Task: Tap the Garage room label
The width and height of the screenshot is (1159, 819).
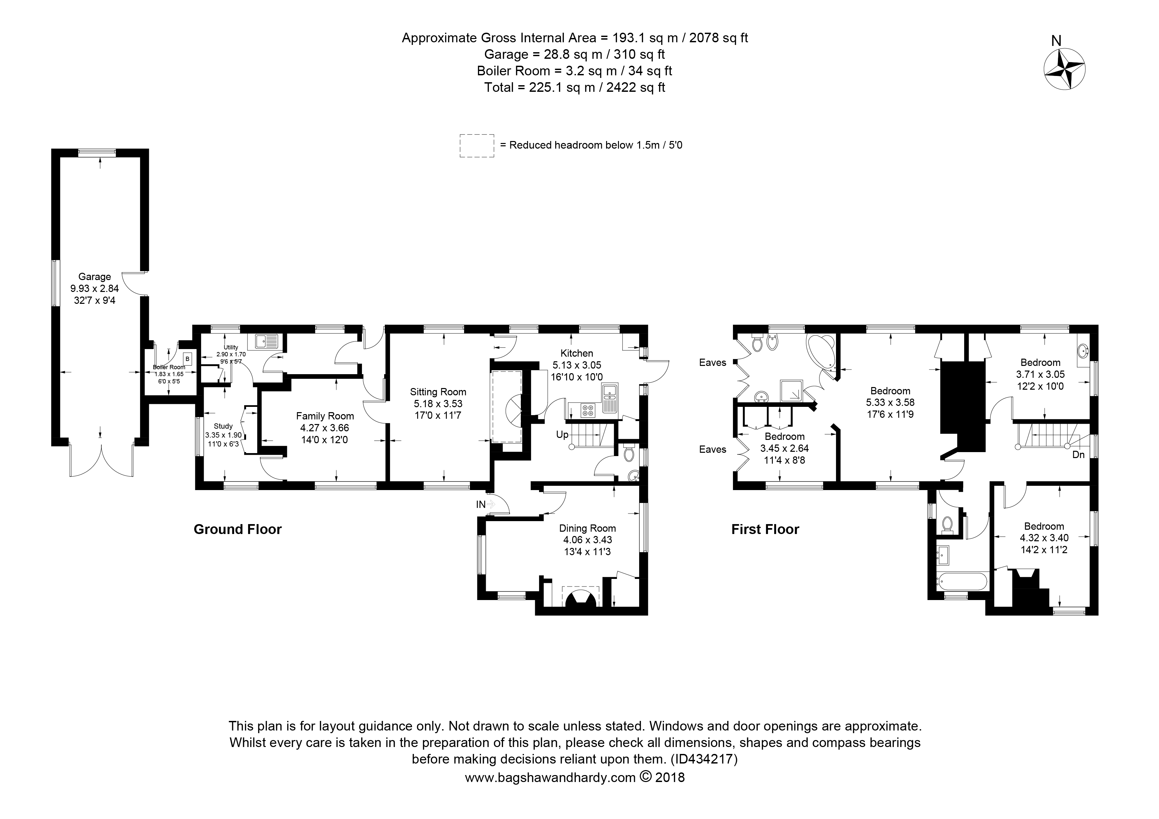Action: coord(94,276)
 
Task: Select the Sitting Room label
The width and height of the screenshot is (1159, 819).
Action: coord(438,392)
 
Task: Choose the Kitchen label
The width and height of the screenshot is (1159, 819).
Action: coord(576,353)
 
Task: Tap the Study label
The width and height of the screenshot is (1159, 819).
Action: coord(223,426)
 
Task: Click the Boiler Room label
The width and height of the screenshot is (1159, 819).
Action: coord(168,367)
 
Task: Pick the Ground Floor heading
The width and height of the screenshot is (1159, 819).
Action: coord(237,529)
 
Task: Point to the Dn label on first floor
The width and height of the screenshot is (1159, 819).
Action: coord(1078,455)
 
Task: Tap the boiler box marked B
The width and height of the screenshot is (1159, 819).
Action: coord(187,359)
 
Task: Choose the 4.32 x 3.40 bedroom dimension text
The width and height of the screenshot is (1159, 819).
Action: coord(1044,538)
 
